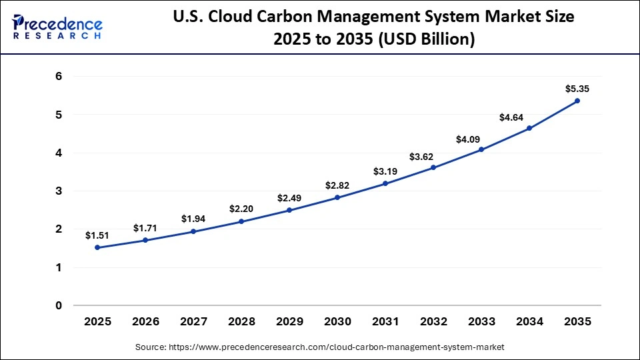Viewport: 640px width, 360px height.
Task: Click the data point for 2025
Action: (x=97, y=247)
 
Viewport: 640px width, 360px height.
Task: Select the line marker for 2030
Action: (x=337, y=197)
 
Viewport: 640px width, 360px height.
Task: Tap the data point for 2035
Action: (x=577, y=101)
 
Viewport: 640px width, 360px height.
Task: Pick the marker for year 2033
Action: (x=481, y=149)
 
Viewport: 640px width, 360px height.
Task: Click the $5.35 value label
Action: (x=577, y=89)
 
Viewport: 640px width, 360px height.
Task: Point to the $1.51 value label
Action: (x=97, y=235)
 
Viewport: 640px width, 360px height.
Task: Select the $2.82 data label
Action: (x=337, y=185)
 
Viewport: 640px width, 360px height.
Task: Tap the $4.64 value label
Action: (x=512, y=117)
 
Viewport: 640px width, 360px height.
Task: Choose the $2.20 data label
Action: (x=241, y=209)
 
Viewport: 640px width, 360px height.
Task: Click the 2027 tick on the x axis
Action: (x=193, y=321)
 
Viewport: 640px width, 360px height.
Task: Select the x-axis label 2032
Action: (x=433, y=321)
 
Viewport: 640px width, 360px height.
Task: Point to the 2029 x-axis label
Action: (x=289, y=321)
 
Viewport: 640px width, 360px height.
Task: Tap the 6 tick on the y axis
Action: (x=59, y=77)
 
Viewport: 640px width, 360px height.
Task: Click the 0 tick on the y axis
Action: (x=59, y=306)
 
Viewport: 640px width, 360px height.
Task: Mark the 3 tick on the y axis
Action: (x=59, y=191)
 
